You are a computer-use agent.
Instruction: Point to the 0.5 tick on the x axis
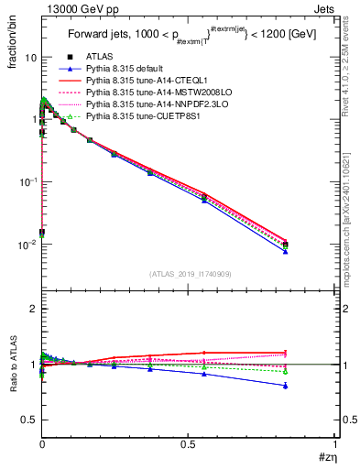(x=188, y=444)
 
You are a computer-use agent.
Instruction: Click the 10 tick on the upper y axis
(x=30, y=57)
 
